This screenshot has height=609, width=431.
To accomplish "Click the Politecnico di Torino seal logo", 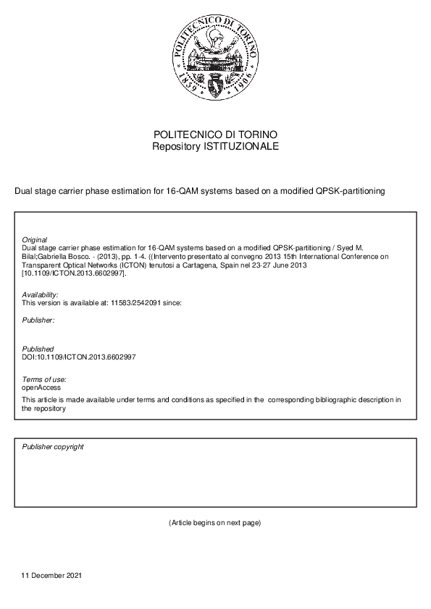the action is pos(215,60).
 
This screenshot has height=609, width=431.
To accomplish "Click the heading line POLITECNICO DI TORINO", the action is pos(215,135).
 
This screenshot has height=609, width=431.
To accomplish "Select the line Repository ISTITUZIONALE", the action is pos(215,146).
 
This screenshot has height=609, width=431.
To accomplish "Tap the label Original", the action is pos(35,239).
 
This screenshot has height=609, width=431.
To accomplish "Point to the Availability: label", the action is pos(40,294).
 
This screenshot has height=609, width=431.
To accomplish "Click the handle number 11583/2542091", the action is pos(133,302).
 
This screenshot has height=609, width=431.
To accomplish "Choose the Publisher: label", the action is pos(38,319).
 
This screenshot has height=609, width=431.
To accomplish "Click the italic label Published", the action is pos(38,349).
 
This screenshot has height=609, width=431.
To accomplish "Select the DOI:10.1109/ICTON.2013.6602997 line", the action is pos(79,357).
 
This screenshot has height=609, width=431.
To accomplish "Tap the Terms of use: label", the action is pos(44,380).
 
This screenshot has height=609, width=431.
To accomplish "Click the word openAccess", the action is pos(41,388).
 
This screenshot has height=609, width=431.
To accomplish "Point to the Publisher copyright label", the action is pos(53,446).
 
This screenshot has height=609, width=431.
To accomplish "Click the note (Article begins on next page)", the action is pos(214,523).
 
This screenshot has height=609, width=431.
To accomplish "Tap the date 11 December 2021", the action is pos(52,576).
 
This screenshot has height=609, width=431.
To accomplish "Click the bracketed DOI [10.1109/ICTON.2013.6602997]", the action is pos(75,273).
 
